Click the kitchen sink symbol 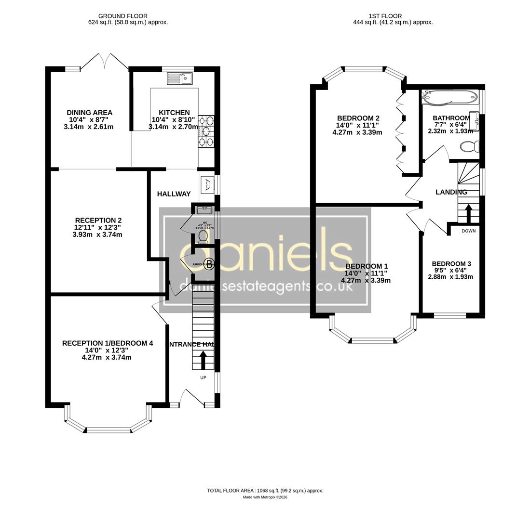tap(180, 78)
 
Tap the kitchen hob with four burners tap(206, 131)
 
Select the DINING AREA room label tap(89, 113)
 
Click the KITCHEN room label tap(174, 113)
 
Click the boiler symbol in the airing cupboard tap(209, 263)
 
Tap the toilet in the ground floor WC tap(203, 235)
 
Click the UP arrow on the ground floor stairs tap(203, 359)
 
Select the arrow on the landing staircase tap(468, 212)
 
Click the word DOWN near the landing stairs tap(468, 231)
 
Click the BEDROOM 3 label tap(451, 264)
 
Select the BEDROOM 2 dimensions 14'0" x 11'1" tap(357, 125)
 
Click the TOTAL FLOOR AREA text tap(265, 491)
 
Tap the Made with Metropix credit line tap(265, 497)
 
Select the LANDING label tap(451, 192)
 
